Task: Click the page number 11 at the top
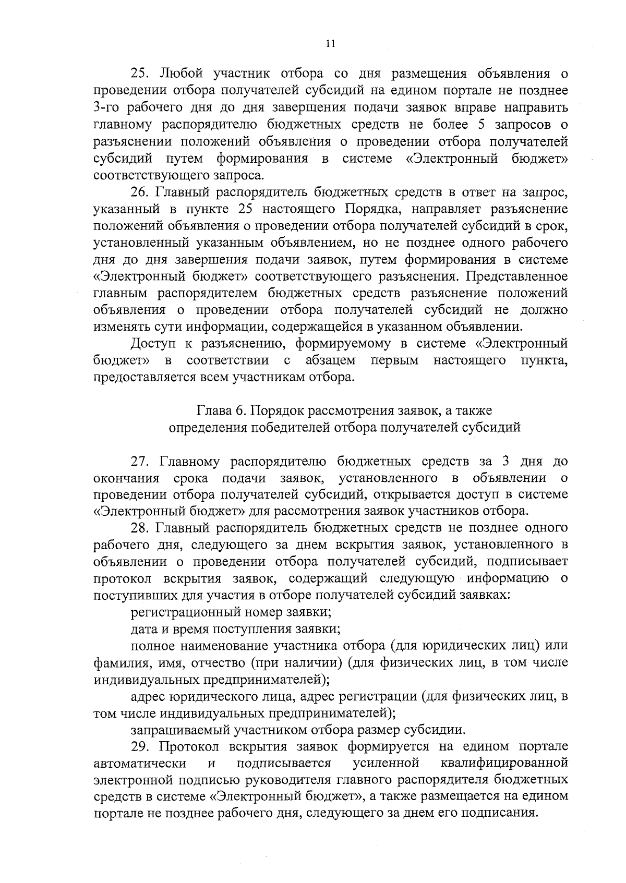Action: (330, 44)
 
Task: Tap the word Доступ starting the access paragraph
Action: (152, 344)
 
